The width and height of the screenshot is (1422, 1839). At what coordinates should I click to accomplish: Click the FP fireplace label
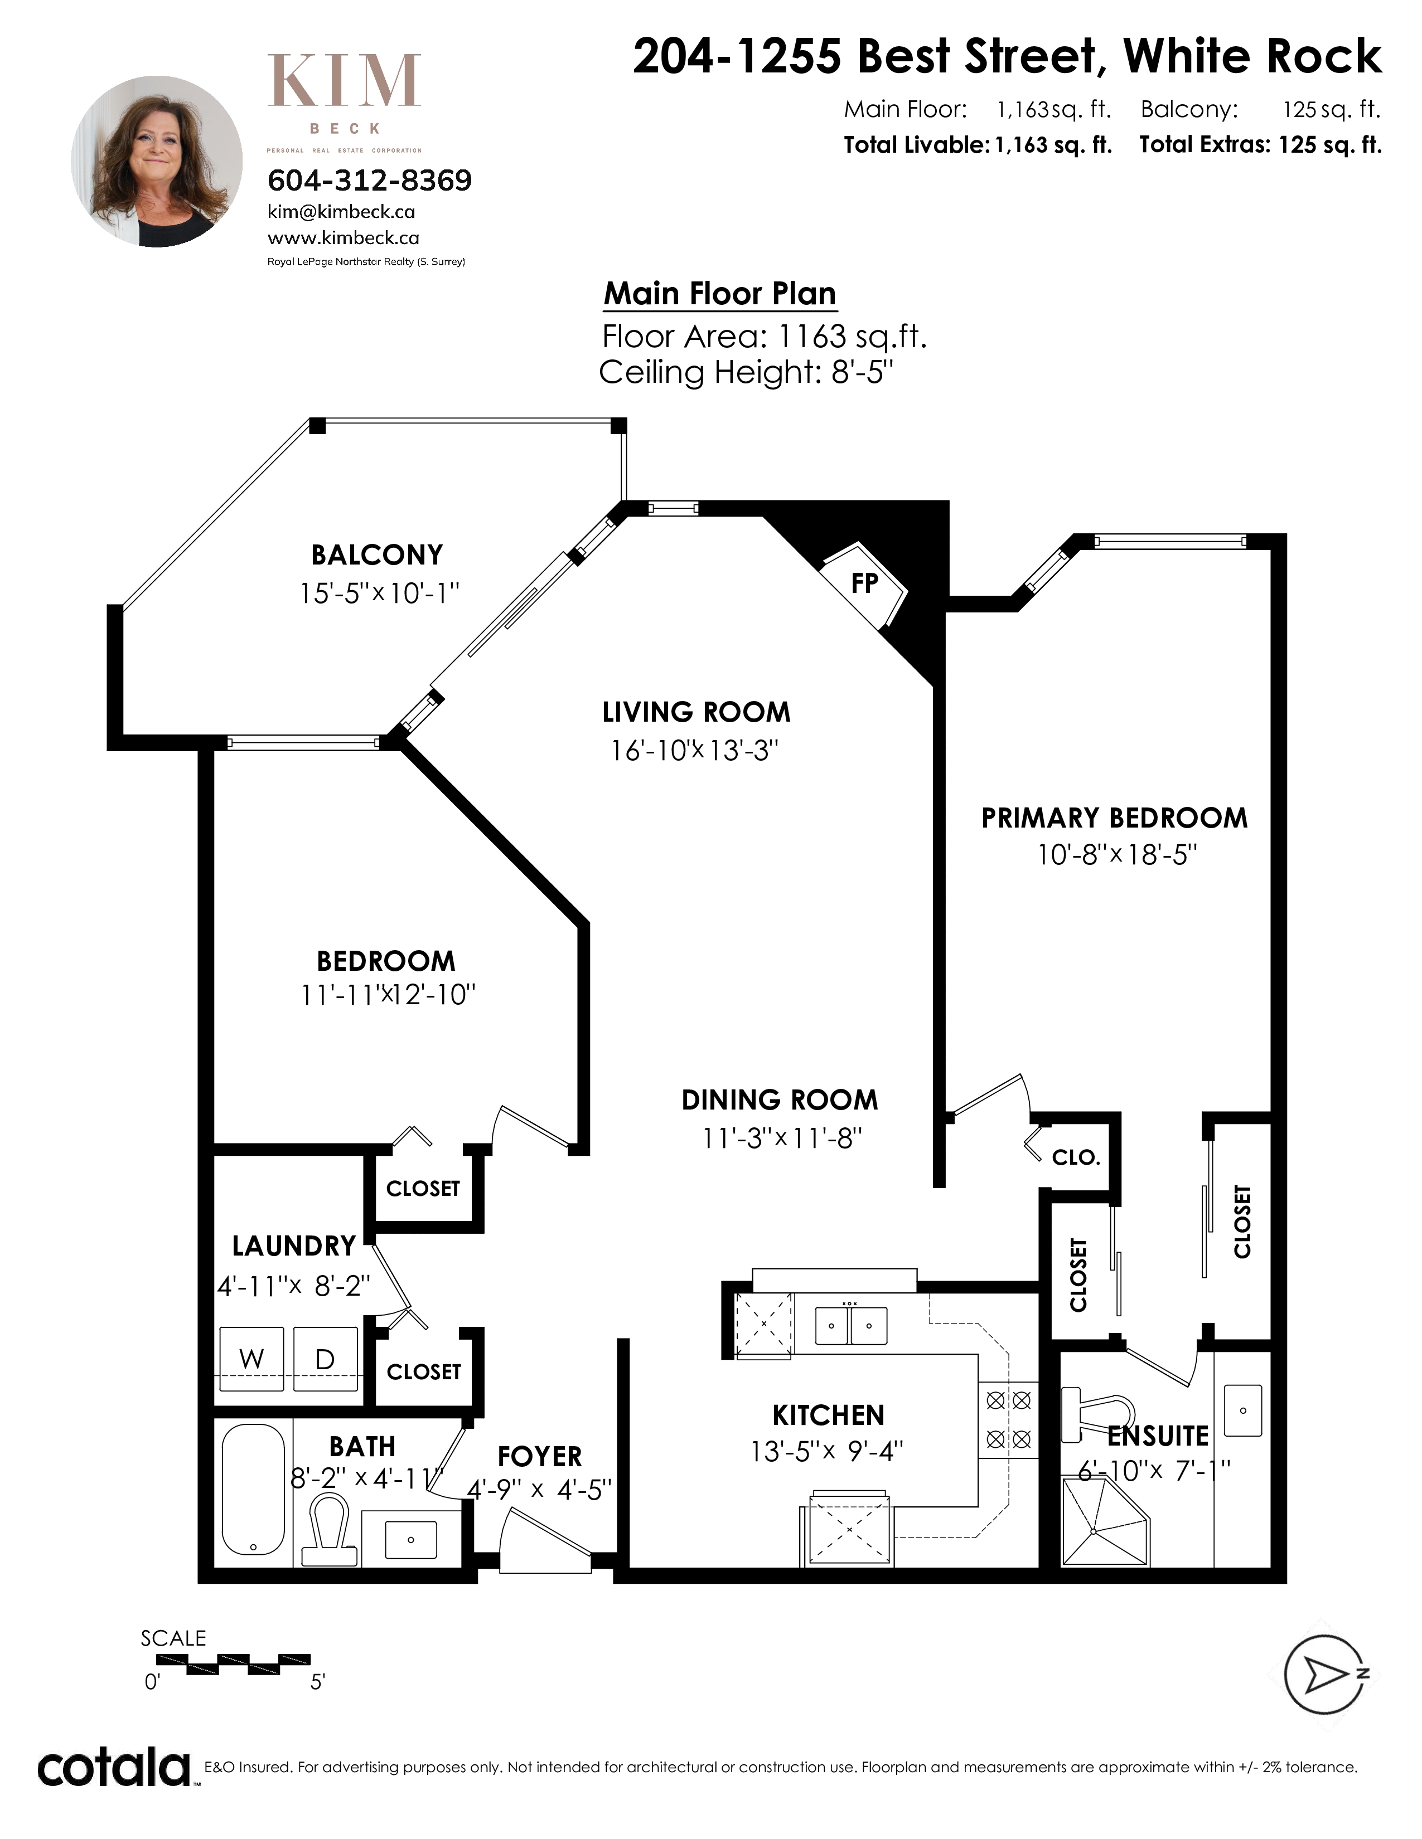[x=864, y=583]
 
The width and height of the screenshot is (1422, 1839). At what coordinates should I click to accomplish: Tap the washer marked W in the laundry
[x=251, y=1359]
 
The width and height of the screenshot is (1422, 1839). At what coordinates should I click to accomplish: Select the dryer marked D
[x=325, y=1359]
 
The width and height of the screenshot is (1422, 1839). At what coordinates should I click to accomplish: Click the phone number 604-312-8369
[x=370, y=180]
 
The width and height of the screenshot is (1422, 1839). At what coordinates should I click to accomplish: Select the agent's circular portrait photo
[x=157, y=162]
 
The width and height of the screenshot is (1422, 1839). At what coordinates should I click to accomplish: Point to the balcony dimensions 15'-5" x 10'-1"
[x=379, y=593]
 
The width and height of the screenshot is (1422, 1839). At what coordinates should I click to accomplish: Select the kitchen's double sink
[x=851, y=1325]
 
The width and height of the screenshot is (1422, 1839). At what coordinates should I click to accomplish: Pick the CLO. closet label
[x=1076, y=1158]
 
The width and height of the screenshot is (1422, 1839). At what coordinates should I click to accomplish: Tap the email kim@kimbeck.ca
[x=341, y=212]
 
